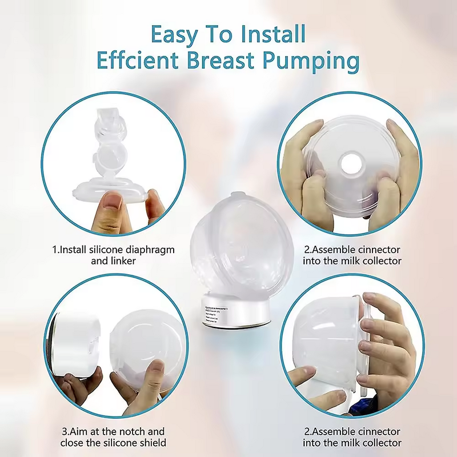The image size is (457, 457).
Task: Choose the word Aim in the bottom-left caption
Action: (84, 431)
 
